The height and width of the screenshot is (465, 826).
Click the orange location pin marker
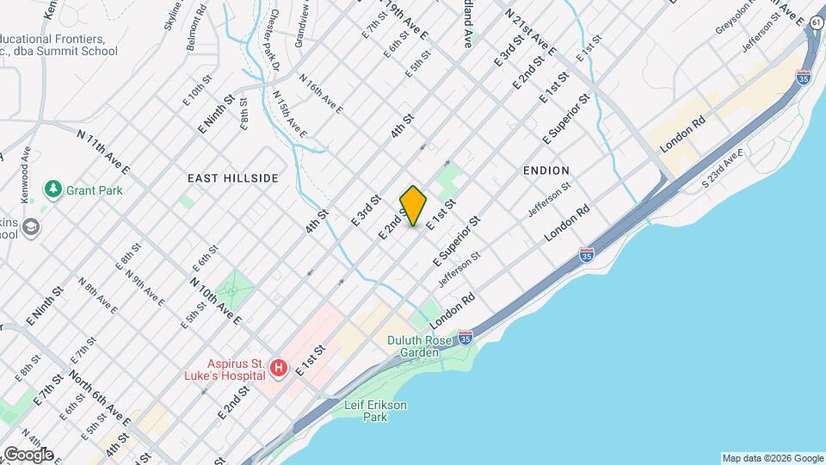coord(413,206)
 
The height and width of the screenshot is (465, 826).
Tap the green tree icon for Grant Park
coord(53,189)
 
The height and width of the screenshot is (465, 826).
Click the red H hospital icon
coord(279,369)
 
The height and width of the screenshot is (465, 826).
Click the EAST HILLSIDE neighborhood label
coord(233,178)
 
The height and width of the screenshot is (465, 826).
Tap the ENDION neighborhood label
coord(546,170)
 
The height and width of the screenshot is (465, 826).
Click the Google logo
coord(28,455)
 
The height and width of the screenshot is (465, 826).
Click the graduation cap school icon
coord(32,227)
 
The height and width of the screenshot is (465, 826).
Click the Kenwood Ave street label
coord(25,173)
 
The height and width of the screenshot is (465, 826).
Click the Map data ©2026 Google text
coord(772,458)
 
